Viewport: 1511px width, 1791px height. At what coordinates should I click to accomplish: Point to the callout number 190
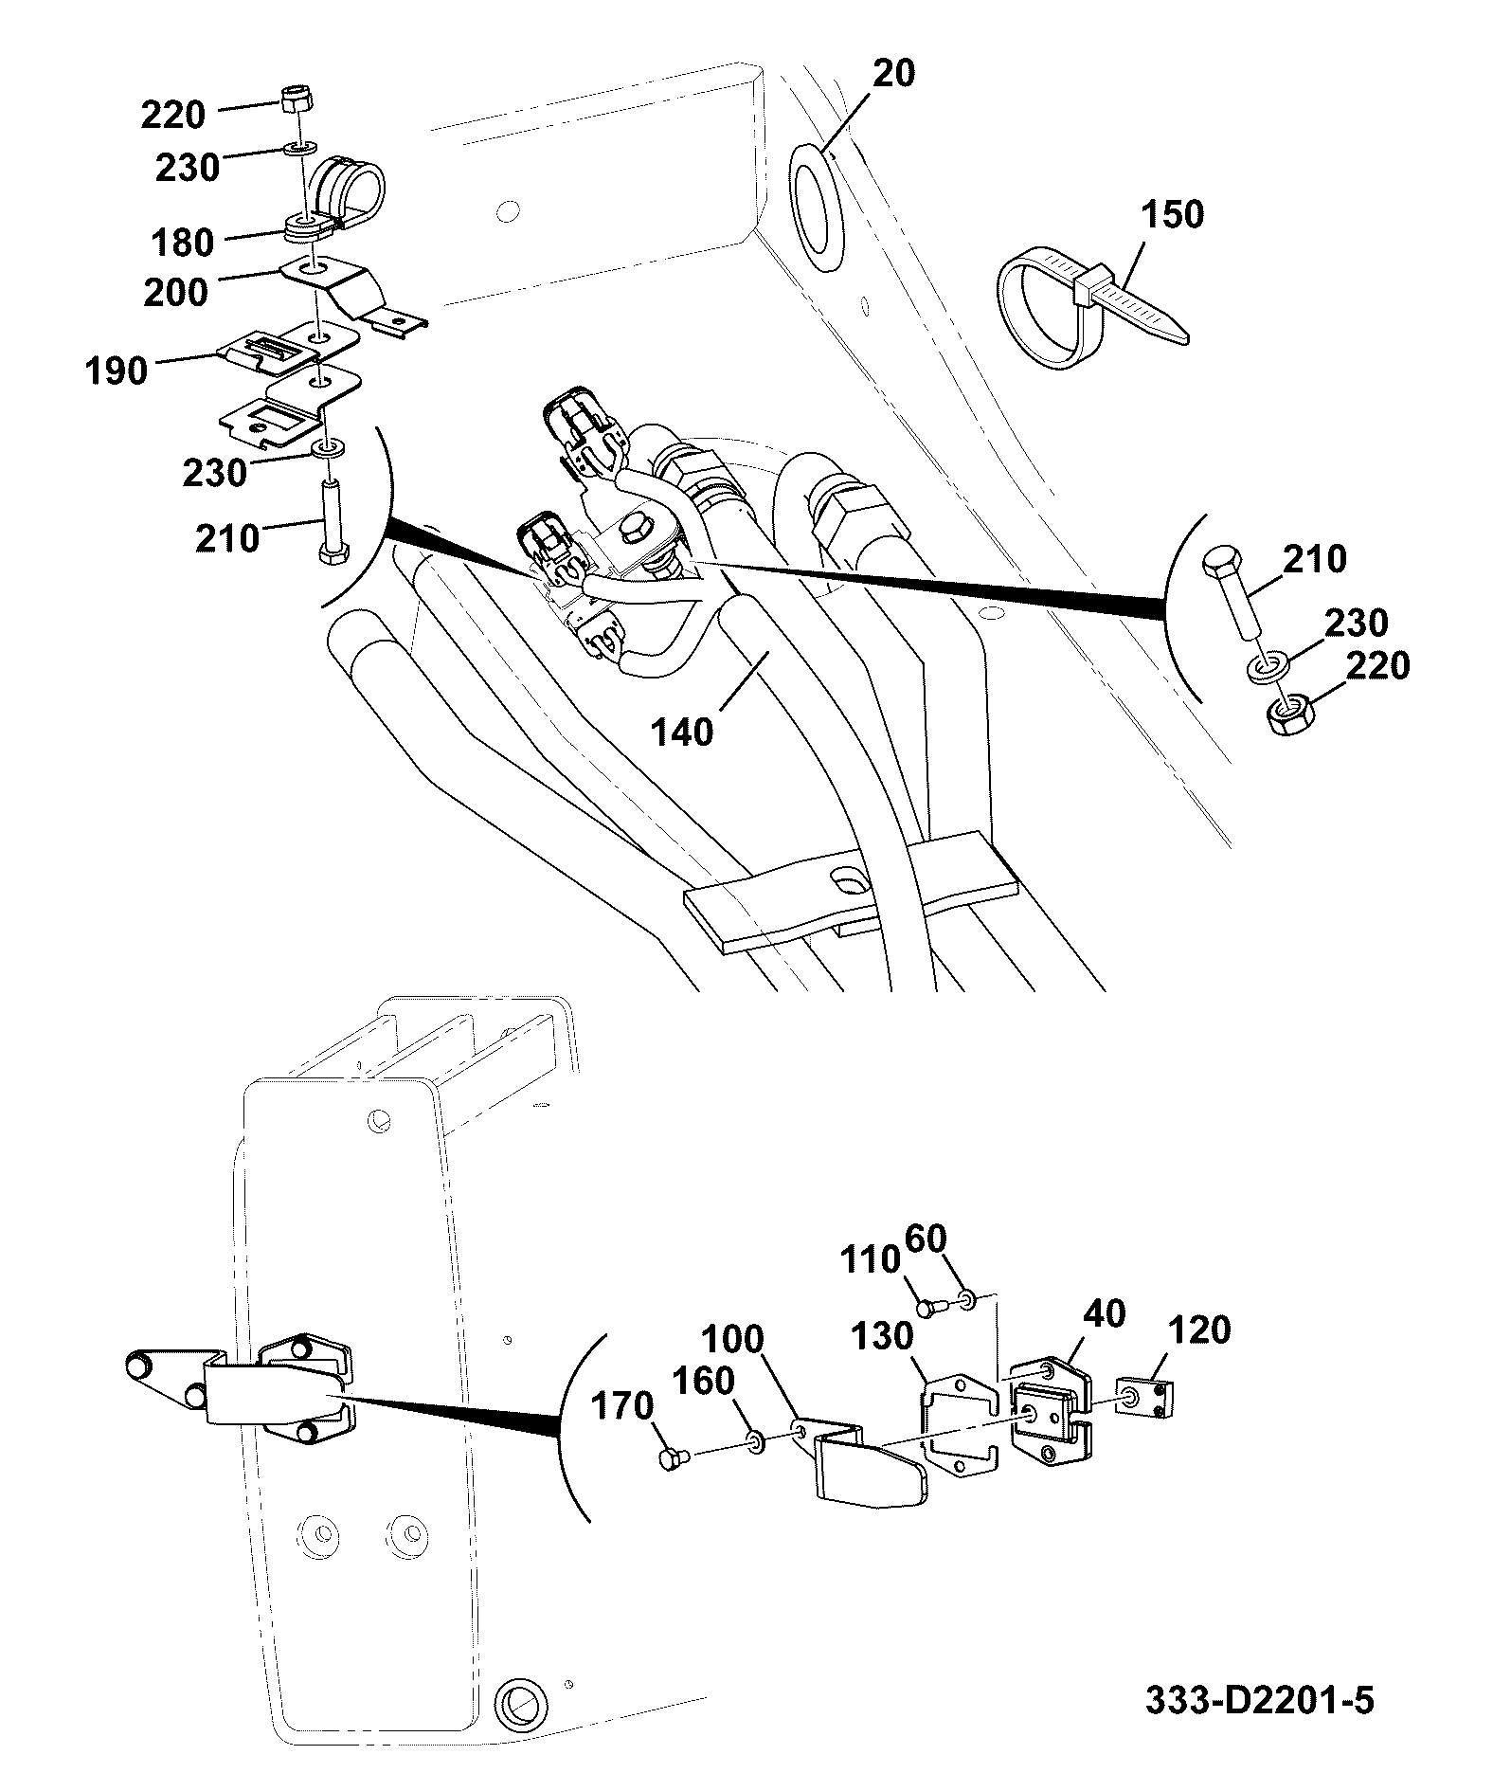click(x=116, y=371)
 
